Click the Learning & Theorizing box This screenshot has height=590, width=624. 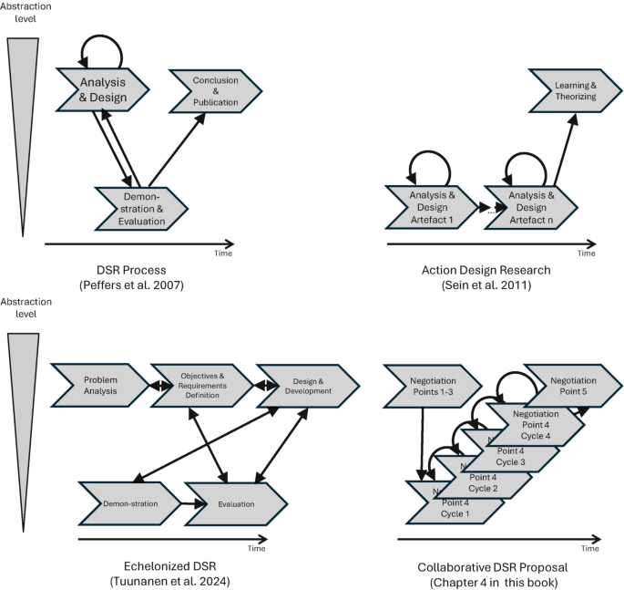pyautogui.click(x=574, y=90)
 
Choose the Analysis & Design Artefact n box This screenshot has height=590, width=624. pyautogui.click(x=530, y=207)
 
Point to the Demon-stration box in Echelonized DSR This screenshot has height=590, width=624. pyautogui.click(x=131, y=503)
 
